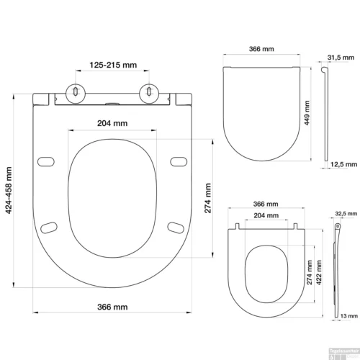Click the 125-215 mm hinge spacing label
point(113,64)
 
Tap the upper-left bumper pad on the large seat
point(46,160)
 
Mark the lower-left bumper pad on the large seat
point(50,228)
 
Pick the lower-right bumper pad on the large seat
point(174,228)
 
